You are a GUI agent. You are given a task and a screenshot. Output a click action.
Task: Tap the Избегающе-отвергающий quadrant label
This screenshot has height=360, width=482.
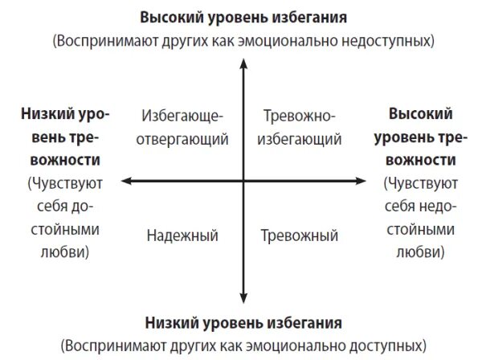pos(183,127)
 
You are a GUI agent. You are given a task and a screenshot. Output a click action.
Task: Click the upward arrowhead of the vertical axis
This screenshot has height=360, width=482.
pos(242,67)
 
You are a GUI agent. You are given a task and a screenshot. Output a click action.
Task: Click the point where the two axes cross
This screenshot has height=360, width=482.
pos(242,182)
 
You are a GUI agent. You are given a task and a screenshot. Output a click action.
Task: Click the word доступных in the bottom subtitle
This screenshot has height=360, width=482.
pos(382,346)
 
